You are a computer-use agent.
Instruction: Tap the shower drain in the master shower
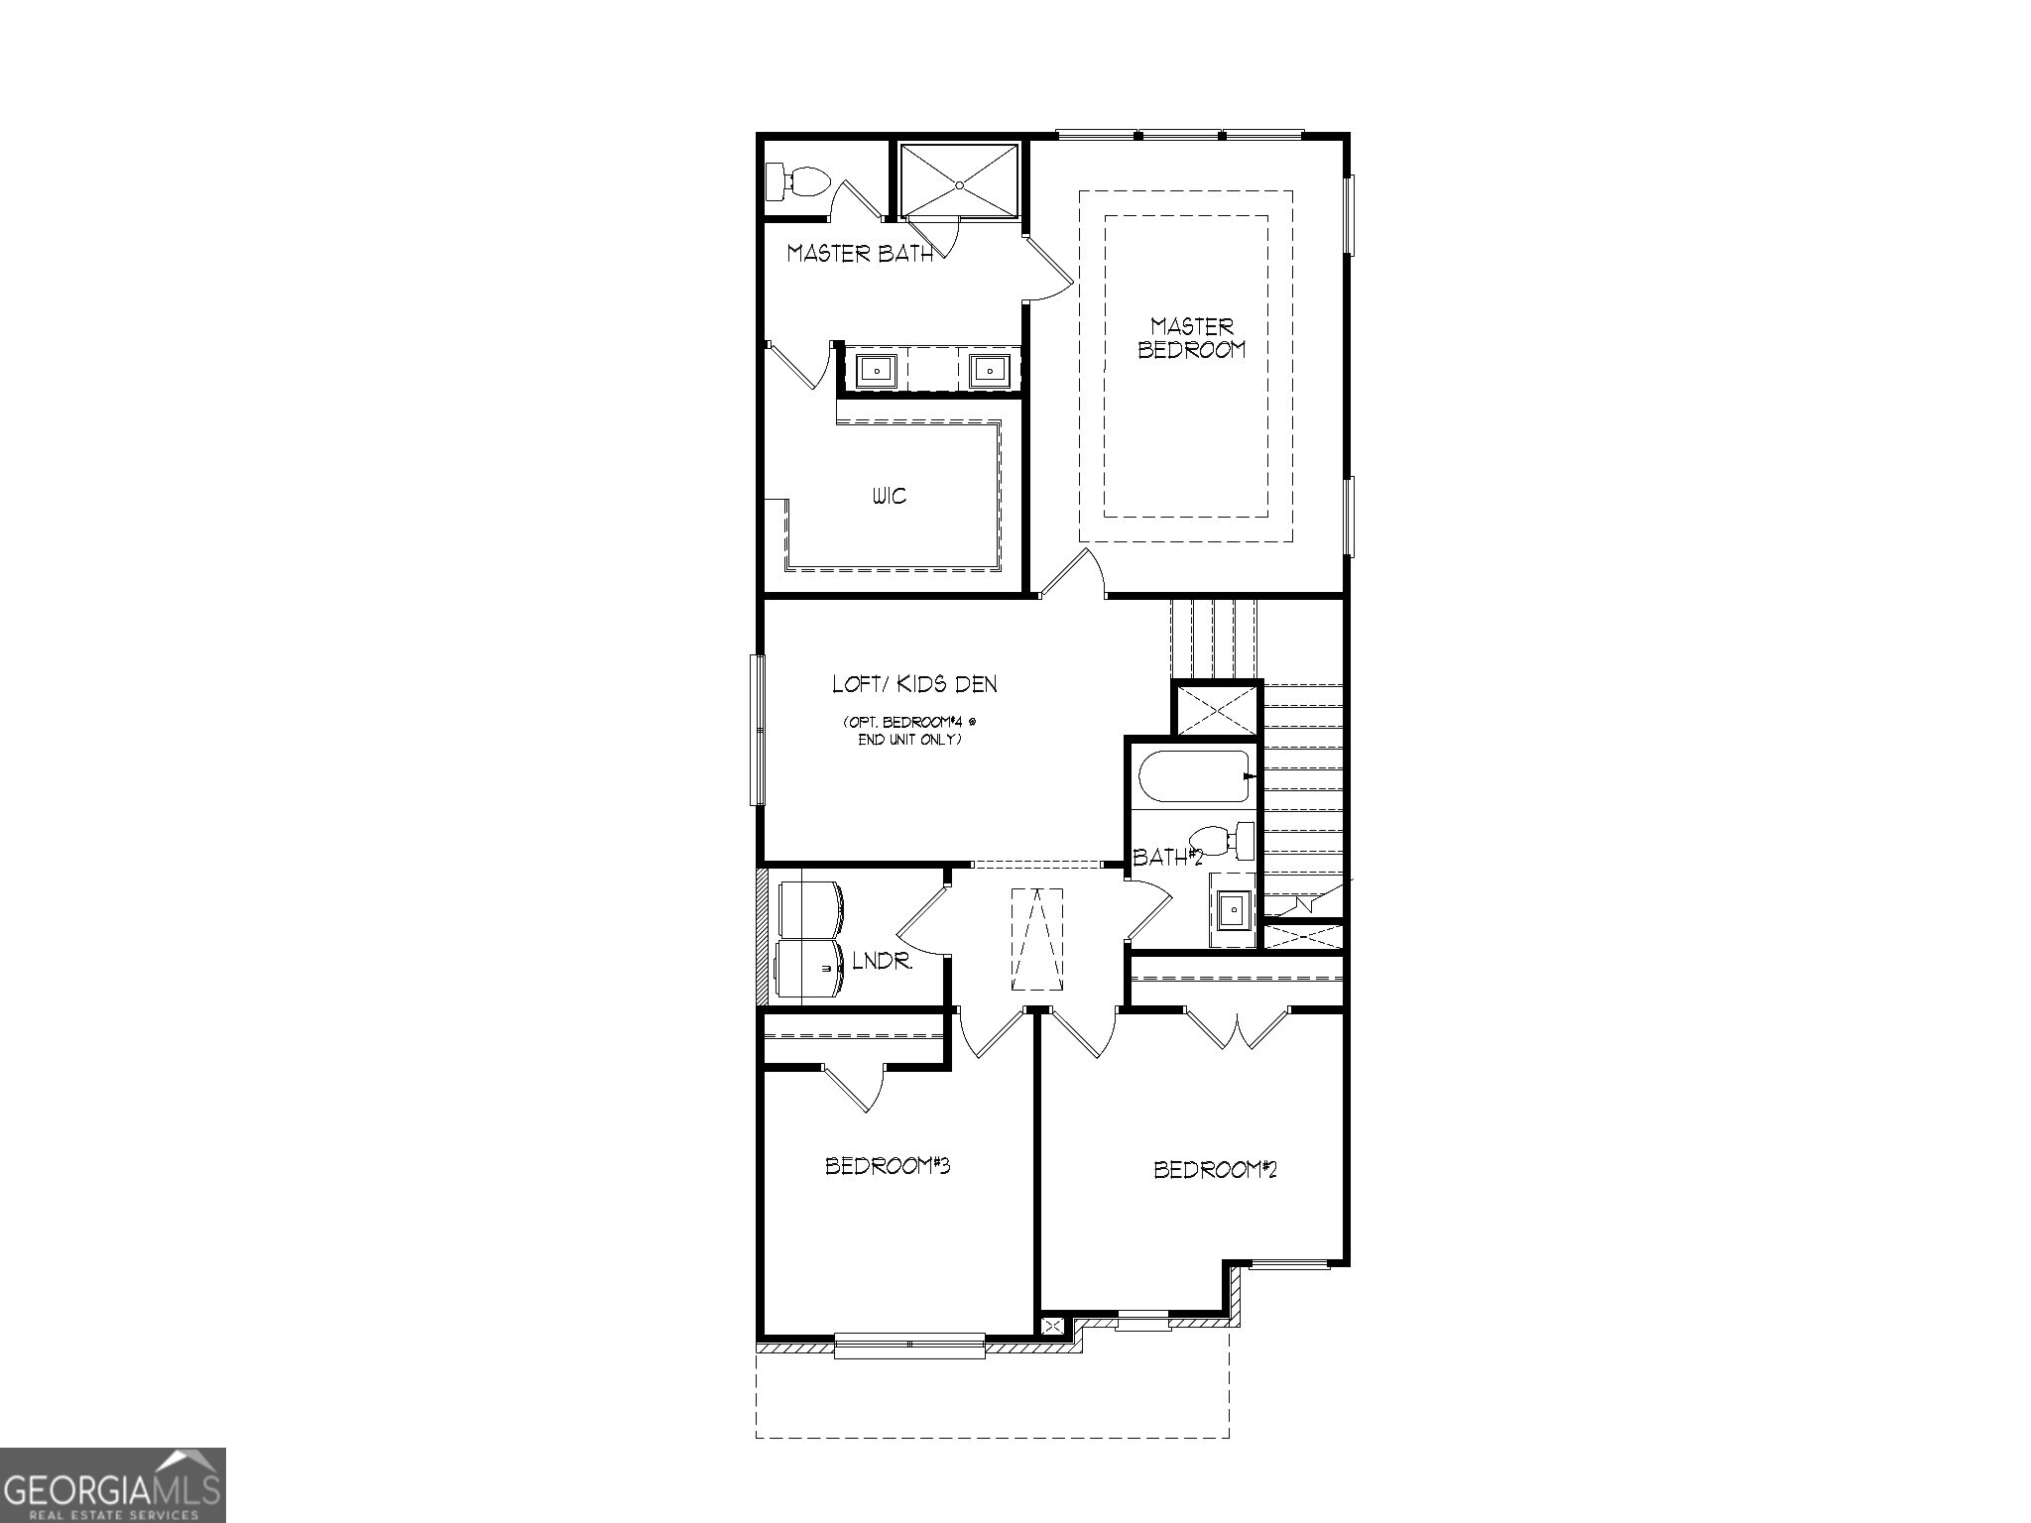coord(959,184)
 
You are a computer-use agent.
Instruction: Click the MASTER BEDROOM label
coord(1192,338)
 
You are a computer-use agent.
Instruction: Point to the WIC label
coord(890,496)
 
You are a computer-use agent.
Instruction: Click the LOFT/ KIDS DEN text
coord(914,684)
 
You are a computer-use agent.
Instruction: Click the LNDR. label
coord(882,961)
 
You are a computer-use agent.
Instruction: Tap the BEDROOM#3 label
coord(888,1166)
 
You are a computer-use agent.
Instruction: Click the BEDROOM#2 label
coord(1215,1170)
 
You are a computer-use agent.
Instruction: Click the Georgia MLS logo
coord(112,1485)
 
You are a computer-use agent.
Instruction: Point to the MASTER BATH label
coord(860,254)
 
